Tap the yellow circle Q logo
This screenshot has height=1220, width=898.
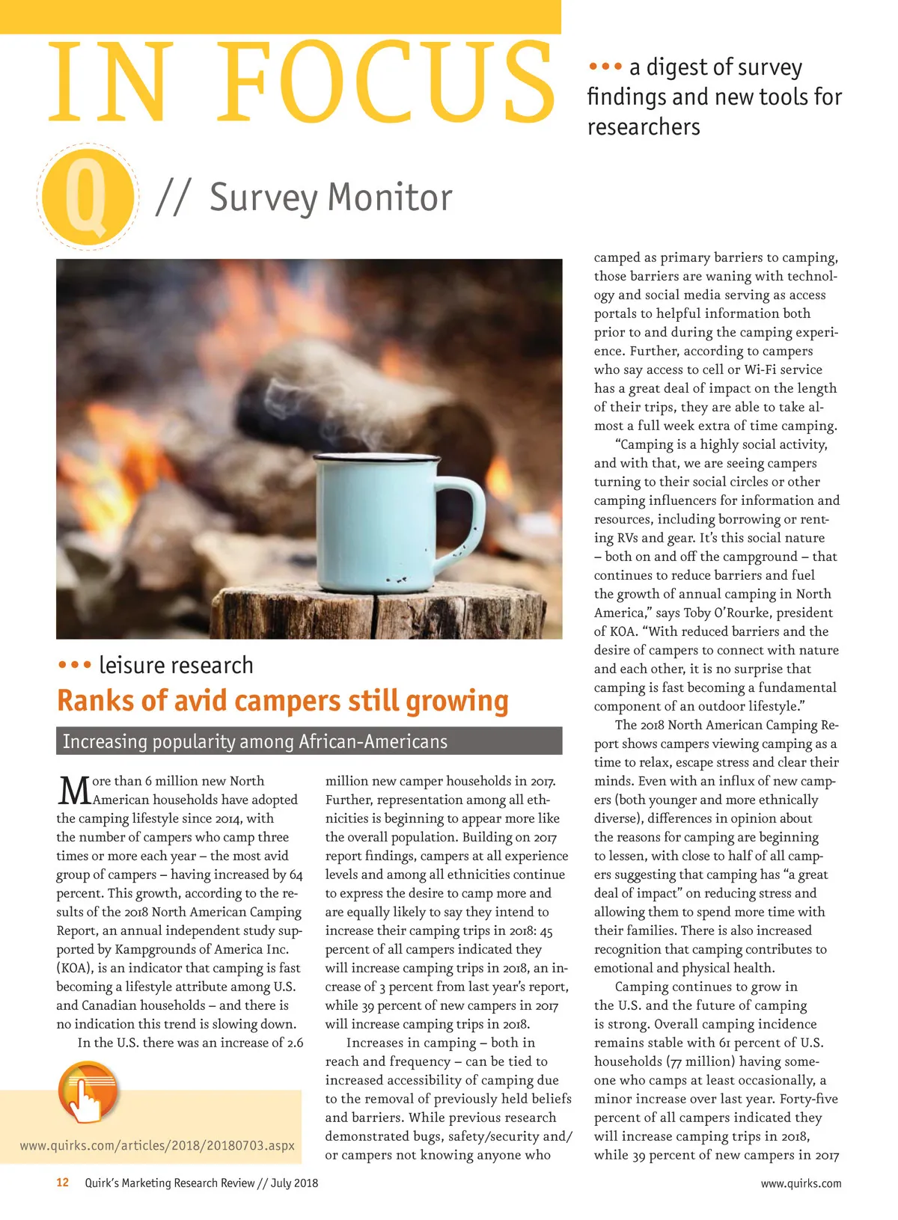[x=87, y=197]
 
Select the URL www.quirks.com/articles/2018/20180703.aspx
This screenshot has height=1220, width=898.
[x=157, y=1145]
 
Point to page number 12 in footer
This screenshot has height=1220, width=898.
[x=63, y=1183]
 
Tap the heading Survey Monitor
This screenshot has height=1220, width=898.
[x=331, y=198]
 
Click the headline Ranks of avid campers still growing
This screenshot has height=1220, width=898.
[x=282, y=701]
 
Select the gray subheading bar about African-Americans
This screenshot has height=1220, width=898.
[x=308, y=741]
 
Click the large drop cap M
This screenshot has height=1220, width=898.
[x=73, y=789]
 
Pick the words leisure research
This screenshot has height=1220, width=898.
[x=176, y=665]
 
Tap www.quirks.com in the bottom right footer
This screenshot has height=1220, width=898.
[x=801, y=1183]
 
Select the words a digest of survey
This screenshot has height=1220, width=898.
[x=715, y=67]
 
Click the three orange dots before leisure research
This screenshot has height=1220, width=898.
[x=74, y=665]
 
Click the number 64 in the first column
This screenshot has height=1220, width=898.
[x=296, y=874]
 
